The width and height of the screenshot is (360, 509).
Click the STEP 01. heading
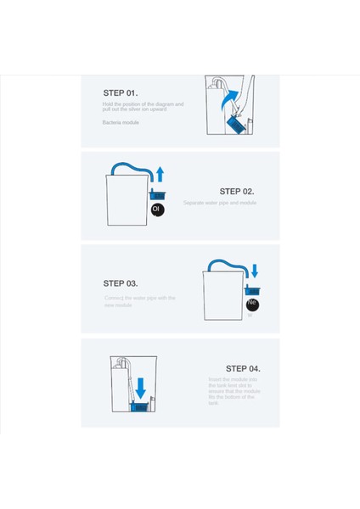click(121, 92)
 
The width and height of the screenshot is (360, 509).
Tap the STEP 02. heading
click(236, 192)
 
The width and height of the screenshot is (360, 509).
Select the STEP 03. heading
click(121, 283)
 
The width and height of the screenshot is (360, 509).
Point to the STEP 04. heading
click(243, 369)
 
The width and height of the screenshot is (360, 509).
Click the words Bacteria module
click(121, 123)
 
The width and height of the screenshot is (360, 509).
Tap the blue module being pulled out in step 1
click(235, 126)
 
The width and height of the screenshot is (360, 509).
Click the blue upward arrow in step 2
click(159, 175)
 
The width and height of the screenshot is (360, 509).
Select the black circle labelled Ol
click(157, 209)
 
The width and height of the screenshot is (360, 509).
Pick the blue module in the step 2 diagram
click(157, 196)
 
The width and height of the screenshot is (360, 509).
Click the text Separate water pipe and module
click(219, 204)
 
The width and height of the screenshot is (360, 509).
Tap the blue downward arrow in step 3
click(254, 271)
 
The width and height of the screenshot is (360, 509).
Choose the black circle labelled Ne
click(252, 305)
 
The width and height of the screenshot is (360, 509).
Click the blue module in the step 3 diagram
click(252, 291)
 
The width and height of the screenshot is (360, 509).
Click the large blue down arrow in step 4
click(140, 388)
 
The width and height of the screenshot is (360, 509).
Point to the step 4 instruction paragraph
click(234, 391)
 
